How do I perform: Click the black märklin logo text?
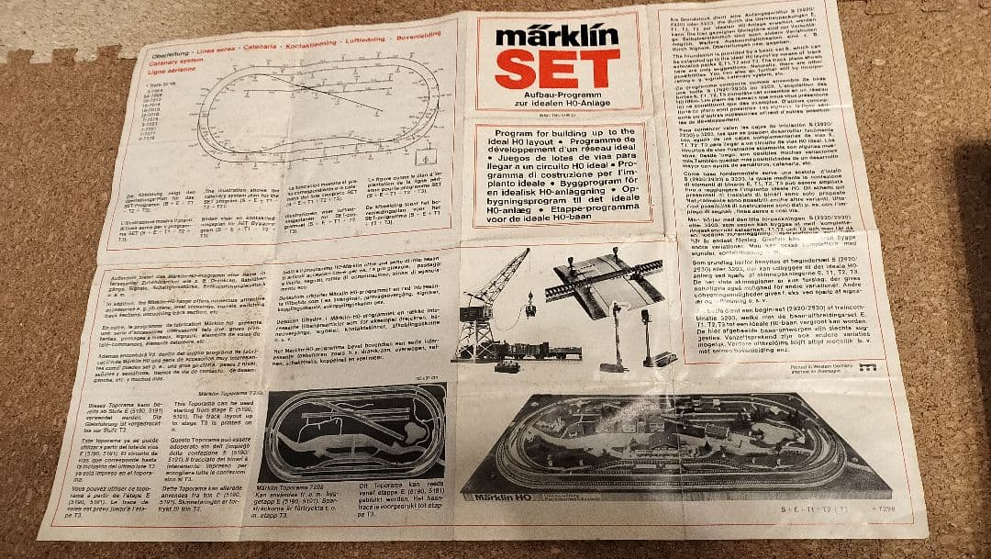pyautogui.click(x=553, y=36)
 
